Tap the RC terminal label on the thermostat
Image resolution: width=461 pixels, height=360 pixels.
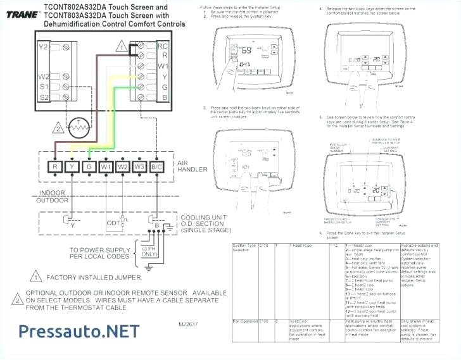point(162,46)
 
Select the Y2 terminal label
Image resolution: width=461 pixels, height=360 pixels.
point(43,47)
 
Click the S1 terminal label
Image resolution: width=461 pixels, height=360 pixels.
point(43,85)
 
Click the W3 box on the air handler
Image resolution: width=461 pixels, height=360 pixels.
point(139,167)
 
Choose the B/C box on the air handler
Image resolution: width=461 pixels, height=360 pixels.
point(156,167)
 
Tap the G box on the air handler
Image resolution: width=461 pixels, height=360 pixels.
point(89,167)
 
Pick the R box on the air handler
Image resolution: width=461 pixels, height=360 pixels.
point(55,167)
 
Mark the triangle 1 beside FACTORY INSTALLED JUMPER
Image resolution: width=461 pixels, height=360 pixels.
point(35,277)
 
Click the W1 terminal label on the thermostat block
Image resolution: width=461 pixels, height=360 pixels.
point(162,66)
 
